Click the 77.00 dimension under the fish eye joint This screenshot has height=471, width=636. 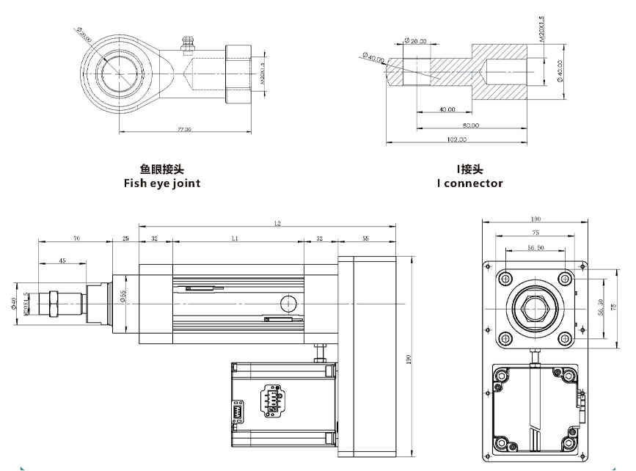tap(184, 129)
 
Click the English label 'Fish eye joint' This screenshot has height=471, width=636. tap(161, 183)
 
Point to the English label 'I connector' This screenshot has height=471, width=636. tap(469, 183)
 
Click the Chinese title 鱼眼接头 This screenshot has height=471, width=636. tap(161, 170)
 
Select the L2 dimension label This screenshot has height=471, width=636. tap(276, 223)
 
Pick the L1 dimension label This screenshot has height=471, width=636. tap(235, 239)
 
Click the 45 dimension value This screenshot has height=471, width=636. tap(62, 260)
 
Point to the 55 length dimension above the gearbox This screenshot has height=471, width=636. tap(365, 239)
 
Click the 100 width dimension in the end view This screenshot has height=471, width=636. tap(535, 219)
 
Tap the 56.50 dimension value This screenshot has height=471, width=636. tap(535, 249)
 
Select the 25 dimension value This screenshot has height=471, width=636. tap(125, 239)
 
